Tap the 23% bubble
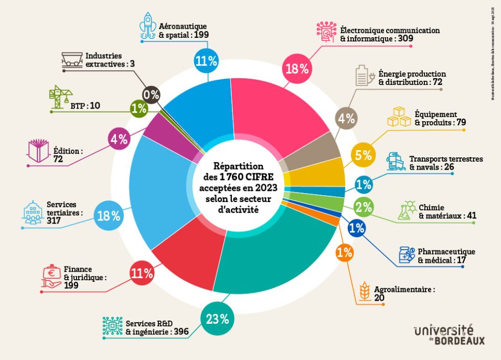click(x=217, y=318)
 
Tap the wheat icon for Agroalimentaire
click(x=364, y=292)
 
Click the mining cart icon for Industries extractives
click(x=72, y=59)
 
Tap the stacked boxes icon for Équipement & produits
click(x=400, y=117)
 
